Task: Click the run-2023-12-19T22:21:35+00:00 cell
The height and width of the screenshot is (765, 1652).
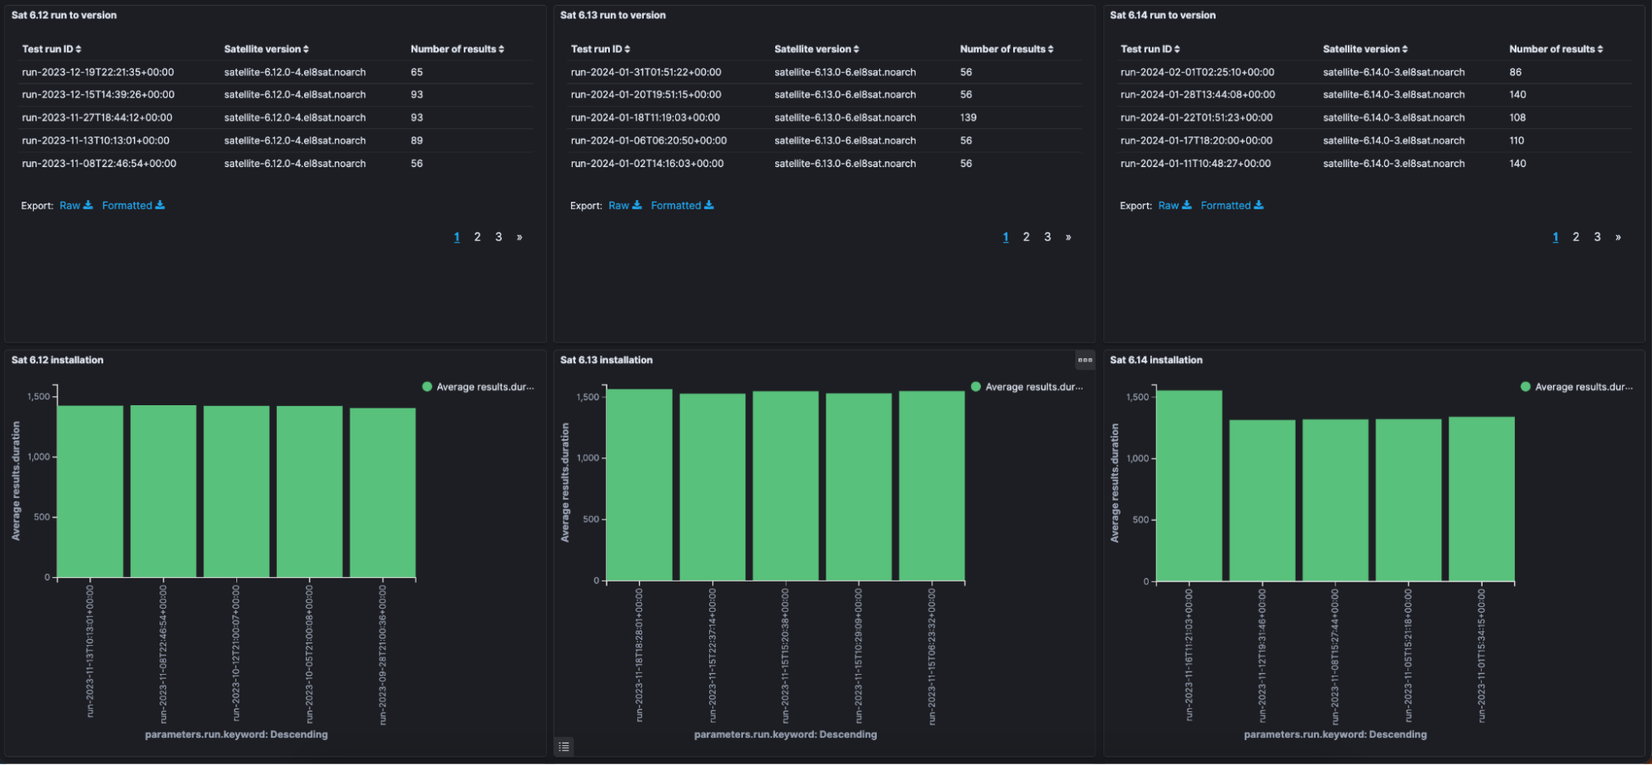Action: (98, 72)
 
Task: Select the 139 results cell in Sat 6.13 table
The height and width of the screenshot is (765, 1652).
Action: (968, 117)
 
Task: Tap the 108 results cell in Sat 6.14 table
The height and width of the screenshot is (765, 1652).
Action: (1516, 117)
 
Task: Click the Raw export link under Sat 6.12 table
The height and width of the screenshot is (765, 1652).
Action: (75, 205)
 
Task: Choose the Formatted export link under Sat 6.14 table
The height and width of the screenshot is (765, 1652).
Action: (1231, 205)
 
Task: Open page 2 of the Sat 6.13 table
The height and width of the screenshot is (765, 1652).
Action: (1026, 237)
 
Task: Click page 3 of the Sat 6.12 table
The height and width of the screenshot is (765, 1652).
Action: (498, 237)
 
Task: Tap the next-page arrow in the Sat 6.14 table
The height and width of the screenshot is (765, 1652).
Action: (1617, 237)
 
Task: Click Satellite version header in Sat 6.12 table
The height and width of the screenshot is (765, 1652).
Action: (265, 49)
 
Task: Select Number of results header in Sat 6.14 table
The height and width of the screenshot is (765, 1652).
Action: (1555, 49)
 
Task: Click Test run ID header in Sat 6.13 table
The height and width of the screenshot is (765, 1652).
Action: (600, 49)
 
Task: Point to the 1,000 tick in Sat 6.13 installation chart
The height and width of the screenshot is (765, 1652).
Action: (588, 457)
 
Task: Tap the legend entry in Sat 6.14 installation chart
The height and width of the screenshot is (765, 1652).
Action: (1576, 386)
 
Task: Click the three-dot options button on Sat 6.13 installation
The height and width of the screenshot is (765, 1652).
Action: (1084, 360)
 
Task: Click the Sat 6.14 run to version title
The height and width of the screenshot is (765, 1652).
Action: (1162, 15)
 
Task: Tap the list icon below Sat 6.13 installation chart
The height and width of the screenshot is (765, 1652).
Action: (564, 747)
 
